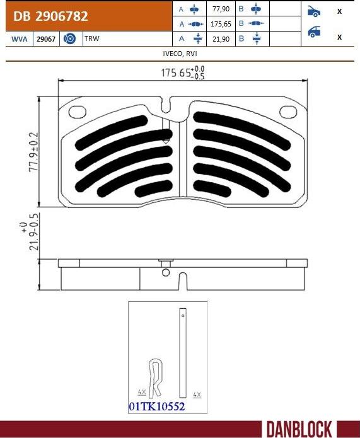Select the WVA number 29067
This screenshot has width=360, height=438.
(x=45, y=39)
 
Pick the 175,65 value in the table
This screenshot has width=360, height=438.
(x=220, y=25)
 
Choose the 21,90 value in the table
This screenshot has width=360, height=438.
(x=221, y=39)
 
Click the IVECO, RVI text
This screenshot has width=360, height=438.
(x=180, y=54)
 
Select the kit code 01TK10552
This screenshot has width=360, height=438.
(x=156, y=407)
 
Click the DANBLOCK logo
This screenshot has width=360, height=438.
(x=299, y=429)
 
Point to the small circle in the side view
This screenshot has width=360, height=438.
(x=166, y=273)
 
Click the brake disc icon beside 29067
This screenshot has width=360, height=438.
(x=70, y=39)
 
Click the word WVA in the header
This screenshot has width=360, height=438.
(x=19, y=39)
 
